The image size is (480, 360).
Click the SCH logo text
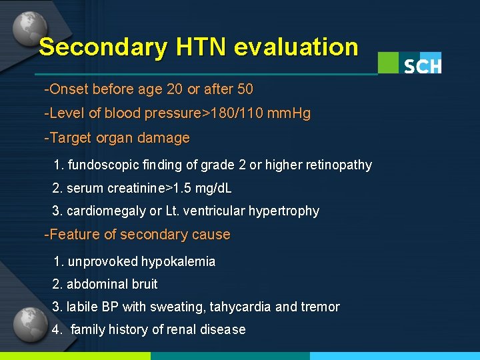pos(423,66)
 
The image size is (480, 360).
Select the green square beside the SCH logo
pos(389,63)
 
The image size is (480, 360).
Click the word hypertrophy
pos(283,211)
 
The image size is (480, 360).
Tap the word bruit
pos(144,284)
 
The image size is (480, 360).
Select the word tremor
pos(320,307)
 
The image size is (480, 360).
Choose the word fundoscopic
pos(103,165)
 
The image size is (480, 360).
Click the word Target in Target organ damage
pos(67,139)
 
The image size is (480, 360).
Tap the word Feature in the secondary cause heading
pos(72,235)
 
